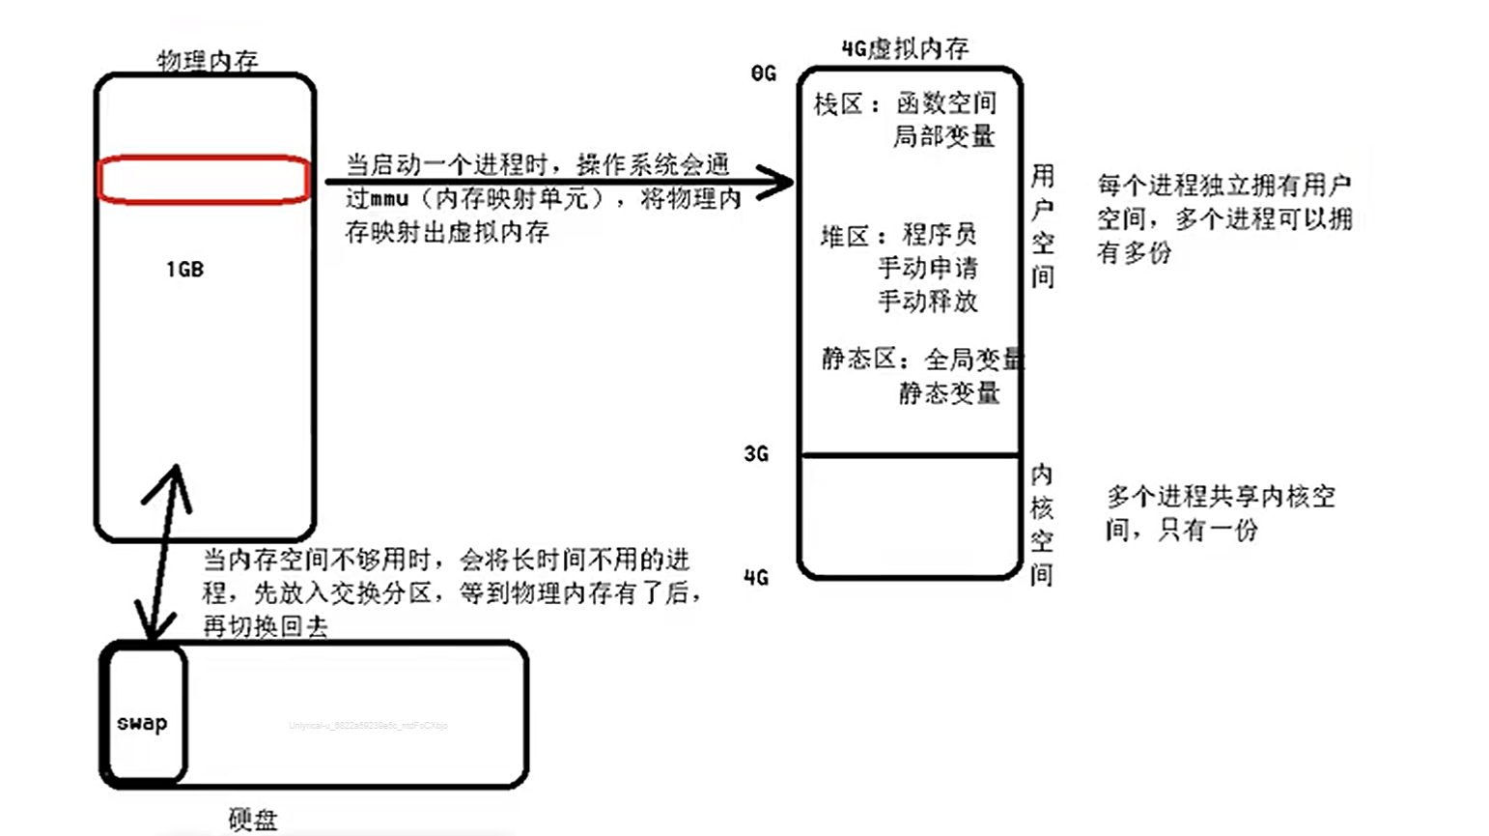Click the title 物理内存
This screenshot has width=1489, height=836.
click(x=208, y=61)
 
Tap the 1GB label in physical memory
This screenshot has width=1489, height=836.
click(x=184, y=270)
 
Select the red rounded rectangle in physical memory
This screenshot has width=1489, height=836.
click(x=204, y=180)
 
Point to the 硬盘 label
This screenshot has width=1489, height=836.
click(x=253, y=820)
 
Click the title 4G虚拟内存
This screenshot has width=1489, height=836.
click(x=905, y=48)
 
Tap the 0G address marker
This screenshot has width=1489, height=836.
click(x=763, y=73)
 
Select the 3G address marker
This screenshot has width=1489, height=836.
click(x=756, y=453)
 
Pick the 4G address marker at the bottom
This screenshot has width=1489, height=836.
click(x=756, y=578)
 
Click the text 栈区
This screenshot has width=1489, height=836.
click(x=838, y=103)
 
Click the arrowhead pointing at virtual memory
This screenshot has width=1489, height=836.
click(x=777, y=181)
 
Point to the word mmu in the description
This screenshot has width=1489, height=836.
click(x=390, y=199)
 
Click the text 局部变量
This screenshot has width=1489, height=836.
click(x=943, y=136)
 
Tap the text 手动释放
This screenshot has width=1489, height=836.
click(x=927, y=301)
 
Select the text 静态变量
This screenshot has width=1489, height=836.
click(x=949, y=392)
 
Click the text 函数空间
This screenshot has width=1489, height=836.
click(x=945, y=103)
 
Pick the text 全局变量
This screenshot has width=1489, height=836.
click(x=973, y=359)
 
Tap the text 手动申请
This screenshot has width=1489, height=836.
click(x=927, y=268)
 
